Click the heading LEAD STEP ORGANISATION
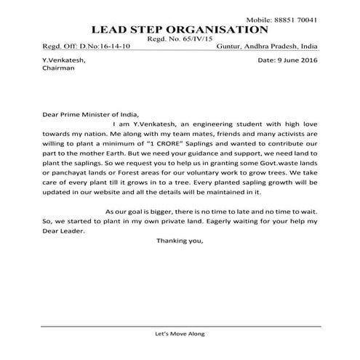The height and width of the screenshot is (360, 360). click(x=180, y=30)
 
